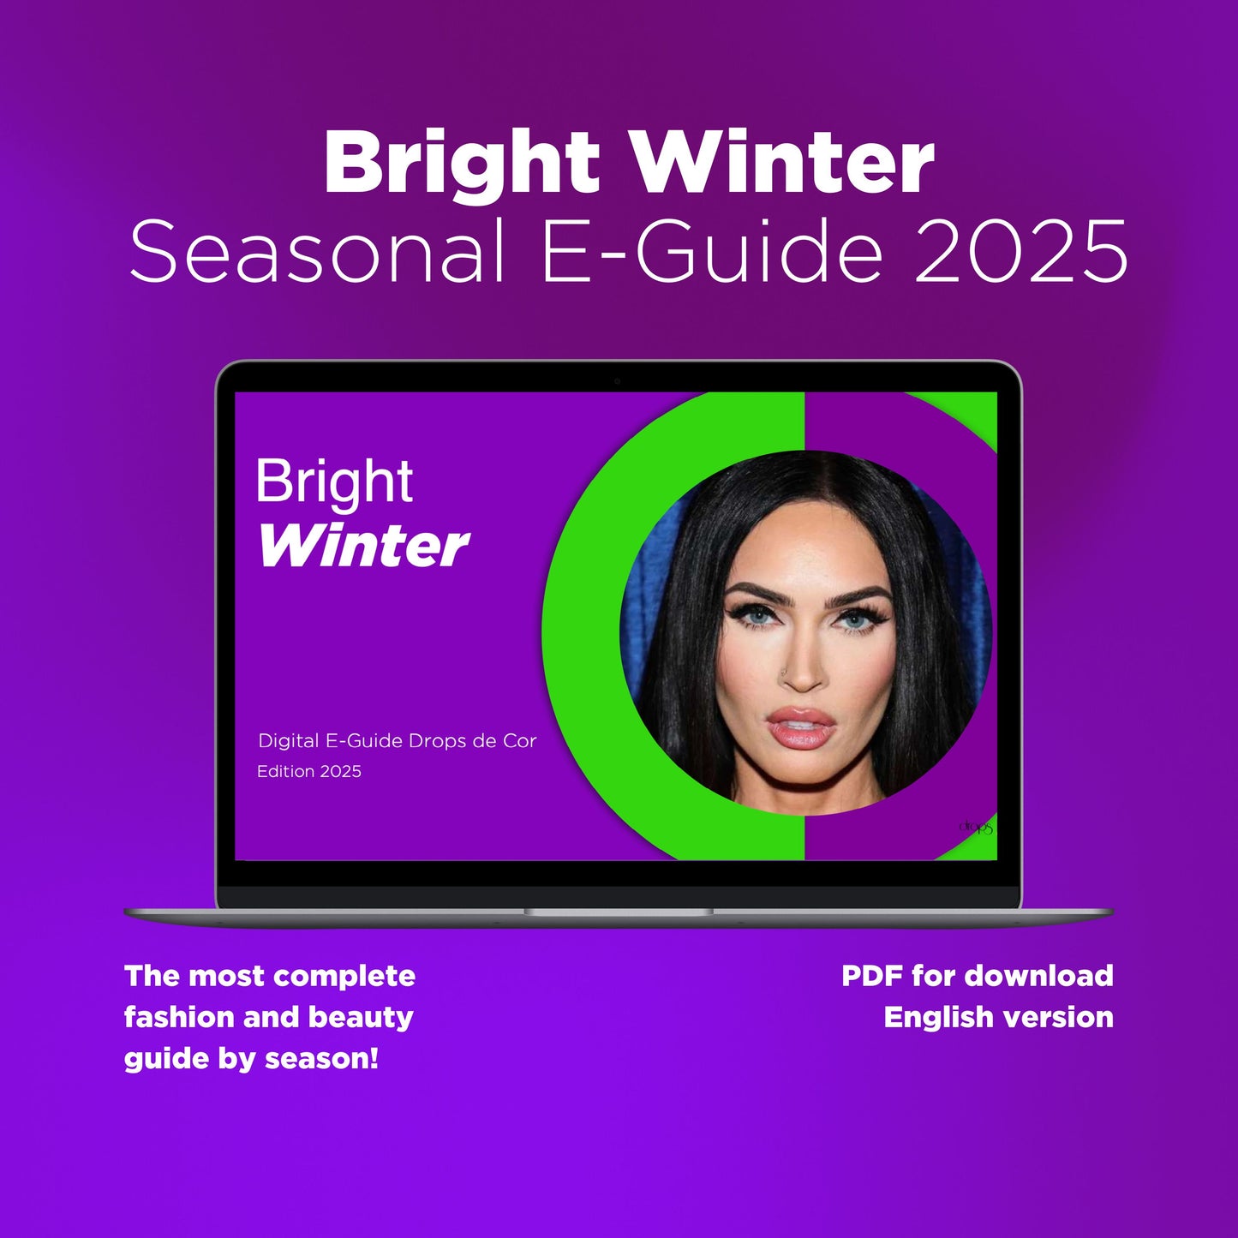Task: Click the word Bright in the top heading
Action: [x=462, y=165]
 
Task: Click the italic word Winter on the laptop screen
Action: [x=363, y=546]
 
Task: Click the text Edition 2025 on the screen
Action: [x=309, y=771]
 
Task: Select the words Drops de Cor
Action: [x=472, y=741]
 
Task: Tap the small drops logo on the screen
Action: [x=975, y=827]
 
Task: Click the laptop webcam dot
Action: [x=617, y=381]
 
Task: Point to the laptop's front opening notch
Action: [x=618, y=912]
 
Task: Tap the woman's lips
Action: [x=801, y=727]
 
